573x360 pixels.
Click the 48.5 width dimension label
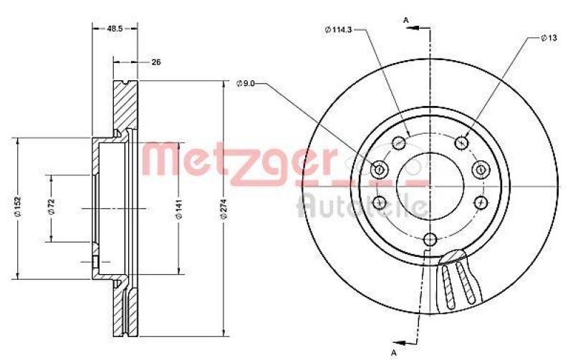[x=115, y=29]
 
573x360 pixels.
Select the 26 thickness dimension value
[x=155, y=62]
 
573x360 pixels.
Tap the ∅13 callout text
[x=549, y=37]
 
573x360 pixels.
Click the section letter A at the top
[x=406, y=19]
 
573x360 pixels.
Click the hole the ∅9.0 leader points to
[x=380, y=170]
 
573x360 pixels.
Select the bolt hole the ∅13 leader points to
[x=463, y=142]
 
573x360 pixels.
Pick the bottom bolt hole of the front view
[x=430, y=240]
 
